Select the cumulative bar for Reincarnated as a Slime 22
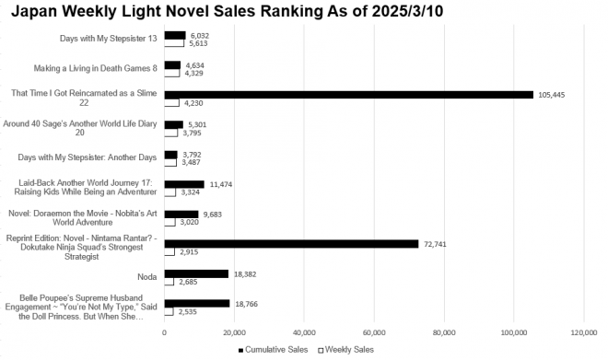pos(348,94)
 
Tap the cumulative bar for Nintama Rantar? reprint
pos(291,244)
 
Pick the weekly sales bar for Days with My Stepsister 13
pos(174,43)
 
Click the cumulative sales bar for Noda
pos(196,273)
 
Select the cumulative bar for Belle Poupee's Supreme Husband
pos(197,303)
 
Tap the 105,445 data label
pos(551,95)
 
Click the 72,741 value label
pos(435,244)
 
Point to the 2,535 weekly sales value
pos(188,313)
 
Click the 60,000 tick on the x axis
pos(374,331)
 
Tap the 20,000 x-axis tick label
pos(234,331)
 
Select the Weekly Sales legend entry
pos(345,350)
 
